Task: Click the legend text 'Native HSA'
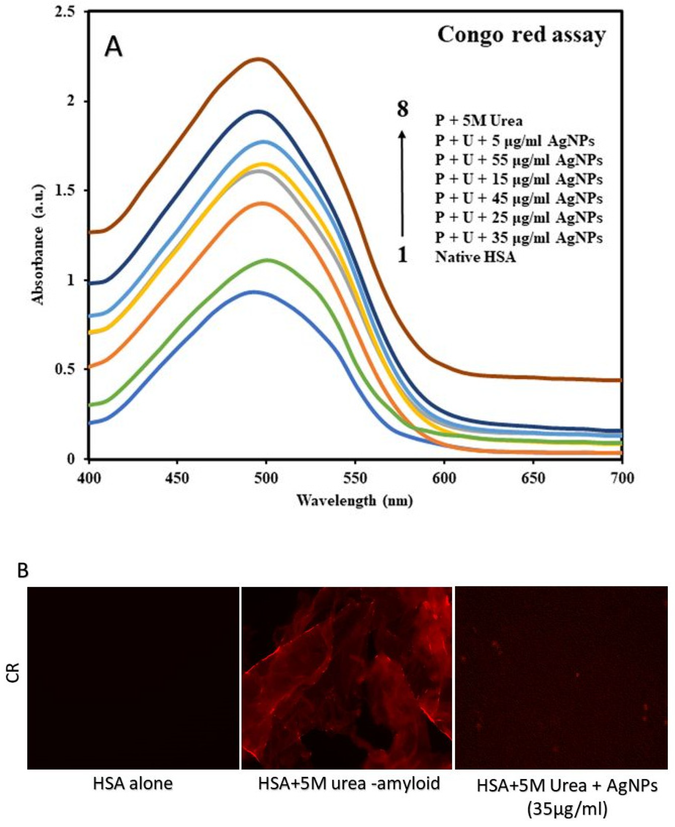pyautogui.click(x=475, y=257)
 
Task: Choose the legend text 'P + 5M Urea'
pyautogui.click(x=479, y=121)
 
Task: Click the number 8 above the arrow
pyautogui.click(x=402, y=109)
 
